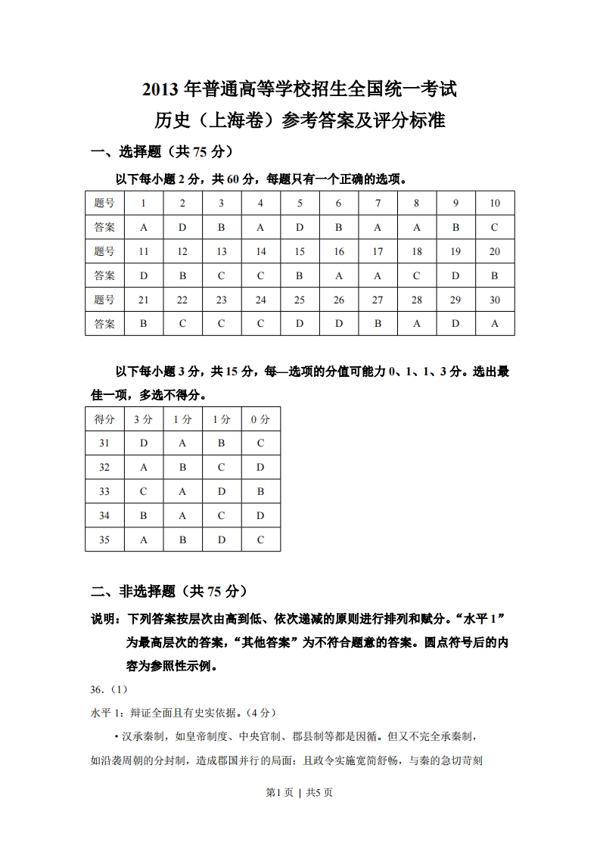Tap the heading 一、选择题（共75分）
coord(161,151)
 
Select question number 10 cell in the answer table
coord(495,203)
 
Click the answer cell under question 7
coord(378,227)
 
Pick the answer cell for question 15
coord(300,276)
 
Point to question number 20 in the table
coord(495,252)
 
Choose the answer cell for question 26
coord(338,324)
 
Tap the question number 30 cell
coord(495,300)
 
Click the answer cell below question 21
coord(143,324)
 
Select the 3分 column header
coord(143,419)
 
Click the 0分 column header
coord(260,419)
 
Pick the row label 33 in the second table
coord(104,491)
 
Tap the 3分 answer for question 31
coord(143,443)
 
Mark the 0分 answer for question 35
coord(260,540)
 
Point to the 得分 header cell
coord(104,419)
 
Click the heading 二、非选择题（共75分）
coord(168,591)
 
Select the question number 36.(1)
coord(109,689)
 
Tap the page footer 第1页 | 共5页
coord(300,792)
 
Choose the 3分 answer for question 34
coord(143,516)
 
